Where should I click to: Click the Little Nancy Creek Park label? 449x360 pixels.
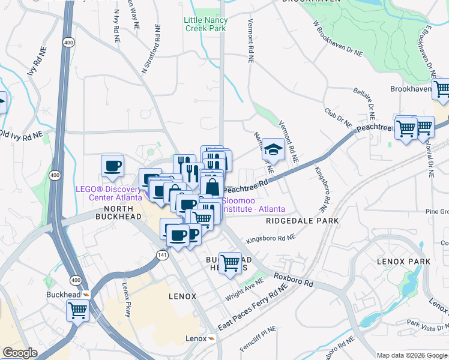(x=206, y=24)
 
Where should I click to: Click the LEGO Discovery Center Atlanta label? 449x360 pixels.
(x=109, y=193)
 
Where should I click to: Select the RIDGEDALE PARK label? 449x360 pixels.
(x=302, y=221)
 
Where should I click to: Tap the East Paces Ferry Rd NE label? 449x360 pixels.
(x=252, y=308)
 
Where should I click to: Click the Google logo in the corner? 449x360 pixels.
(x=20, y=353)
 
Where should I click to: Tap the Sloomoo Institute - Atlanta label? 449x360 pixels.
(x=253, y=205)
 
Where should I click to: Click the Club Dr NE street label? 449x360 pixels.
(x=338, y=116)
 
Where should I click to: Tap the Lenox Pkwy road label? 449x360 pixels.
(x=127, y=299)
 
